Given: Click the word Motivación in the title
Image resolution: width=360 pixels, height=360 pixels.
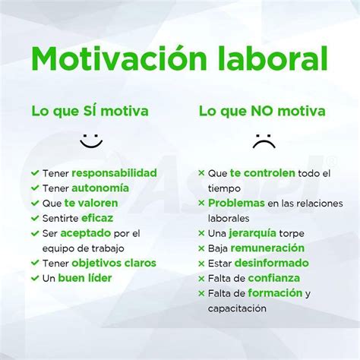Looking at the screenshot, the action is pos(118,58).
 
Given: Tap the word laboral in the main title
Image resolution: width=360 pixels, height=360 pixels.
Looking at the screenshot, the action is pos(273,58).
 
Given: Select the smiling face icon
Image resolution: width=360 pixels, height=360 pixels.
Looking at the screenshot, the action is pos(91,141).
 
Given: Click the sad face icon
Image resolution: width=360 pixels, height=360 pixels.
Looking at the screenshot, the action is pos(264,141).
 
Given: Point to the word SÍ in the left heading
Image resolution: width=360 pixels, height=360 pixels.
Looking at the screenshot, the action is pos(91,110).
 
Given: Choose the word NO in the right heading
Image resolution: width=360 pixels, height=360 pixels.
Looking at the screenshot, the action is pos(264,111).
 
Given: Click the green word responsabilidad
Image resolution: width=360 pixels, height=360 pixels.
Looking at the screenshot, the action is pos(114,173).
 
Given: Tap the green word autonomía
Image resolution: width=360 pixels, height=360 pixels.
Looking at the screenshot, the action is pos(100,188).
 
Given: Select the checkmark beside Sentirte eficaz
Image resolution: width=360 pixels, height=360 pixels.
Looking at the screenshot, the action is pos(35,218).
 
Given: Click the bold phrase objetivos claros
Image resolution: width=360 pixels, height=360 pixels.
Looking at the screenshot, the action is pos(114,263).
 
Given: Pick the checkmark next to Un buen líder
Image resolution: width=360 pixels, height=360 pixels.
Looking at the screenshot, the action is pos(35,278).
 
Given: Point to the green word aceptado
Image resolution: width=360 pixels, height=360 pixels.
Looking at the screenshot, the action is pos(86,233).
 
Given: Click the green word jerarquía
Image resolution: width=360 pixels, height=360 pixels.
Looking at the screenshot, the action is pos(252,233).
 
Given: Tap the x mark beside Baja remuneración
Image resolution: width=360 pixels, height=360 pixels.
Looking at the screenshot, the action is pos(201,248).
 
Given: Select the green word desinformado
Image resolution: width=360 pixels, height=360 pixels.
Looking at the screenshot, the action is pos(272,263).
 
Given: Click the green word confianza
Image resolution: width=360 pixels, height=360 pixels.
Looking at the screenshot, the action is pos(274,278).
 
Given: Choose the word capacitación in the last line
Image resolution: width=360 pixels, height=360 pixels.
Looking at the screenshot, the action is pos(237,308).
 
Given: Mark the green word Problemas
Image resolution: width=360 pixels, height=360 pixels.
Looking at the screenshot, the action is pos(236,203).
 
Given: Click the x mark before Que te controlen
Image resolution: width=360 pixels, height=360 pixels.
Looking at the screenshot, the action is pos(201,173).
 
